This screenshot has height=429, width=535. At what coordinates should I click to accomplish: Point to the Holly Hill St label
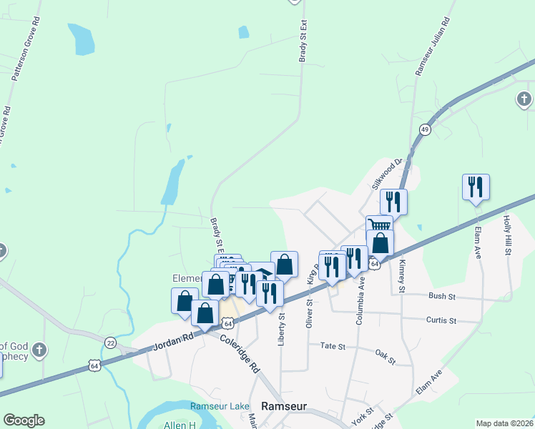click(x=508, y=235)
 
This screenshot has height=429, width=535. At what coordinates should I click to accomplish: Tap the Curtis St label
click(x=441, y=320)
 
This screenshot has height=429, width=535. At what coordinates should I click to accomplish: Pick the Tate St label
click(x=333, y=346)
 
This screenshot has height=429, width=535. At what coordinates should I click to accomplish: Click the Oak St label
click(x=386, y=355)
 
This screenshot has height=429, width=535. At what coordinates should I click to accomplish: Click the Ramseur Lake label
click(x=220, y=406)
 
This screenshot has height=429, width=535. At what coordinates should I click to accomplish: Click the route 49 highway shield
click(x=425, y=129)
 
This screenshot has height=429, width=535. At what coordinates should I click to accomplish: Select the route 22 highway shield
click(x=110, y=342)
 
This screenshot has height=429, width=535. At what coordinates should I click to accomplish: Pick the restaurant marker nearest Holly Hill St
click(x=476, y=187)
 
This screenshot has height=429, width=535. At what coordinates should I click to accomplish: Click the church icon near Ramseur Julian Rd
click(x=524, y=99)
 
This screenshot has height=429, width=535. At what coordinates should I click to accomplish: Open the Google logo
click(x=24, y=420)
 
